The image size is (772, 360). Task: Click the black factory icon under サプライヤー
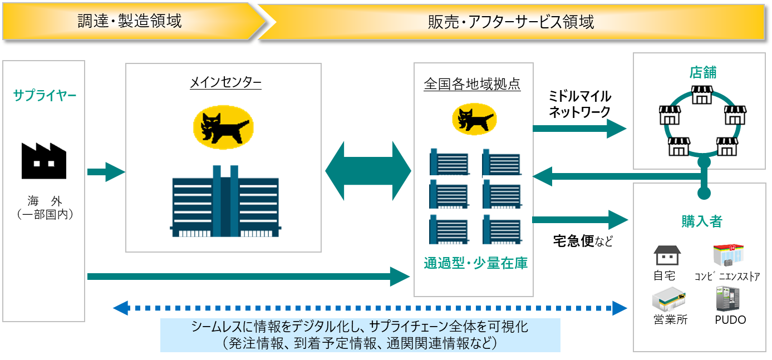point(44,161)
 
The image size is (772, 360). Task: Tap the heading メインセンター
point(225,83)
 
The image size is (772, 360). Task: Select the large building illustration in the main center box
point(225,200)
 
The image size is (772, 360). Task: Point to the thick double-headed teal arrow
point(367,171)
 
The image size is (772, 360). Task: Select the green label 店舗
point(703,73)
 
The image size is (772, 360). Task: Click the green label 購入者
point(702,221)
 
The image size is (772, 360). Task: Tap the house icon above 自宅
point(667,255)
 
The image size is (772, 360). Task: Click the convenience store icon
point(729,255)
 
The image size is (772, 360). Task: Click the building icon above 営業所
point(668,300)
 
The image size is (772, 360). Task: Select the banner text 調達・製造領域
point(129,22)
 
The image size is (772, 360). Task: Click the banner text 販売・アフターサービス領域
point(510,22)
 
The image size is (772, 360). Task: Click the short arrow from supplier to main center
point(106,172)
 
